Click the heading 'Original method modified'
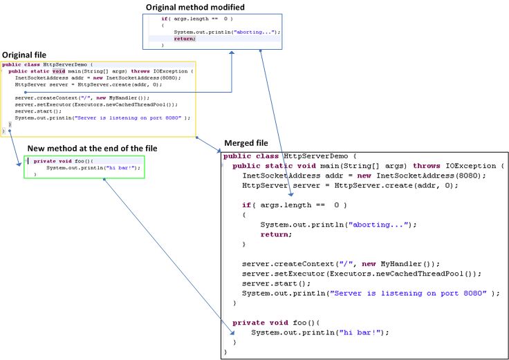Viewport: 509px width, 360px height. point(195,7)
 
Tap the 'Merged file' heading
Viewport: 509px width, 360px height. point(246,143)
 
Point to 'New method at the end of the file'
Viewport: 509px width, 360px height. point(92,149)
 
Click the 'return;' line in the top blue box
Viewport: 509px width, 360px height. point(185,39)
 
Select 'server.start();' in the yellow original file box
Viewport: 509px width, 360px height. point(33,111)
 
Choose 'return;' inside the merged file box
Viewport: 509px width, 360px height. point(276,234)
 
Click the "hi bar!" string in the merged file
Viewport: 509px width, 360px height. point(362,332)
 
